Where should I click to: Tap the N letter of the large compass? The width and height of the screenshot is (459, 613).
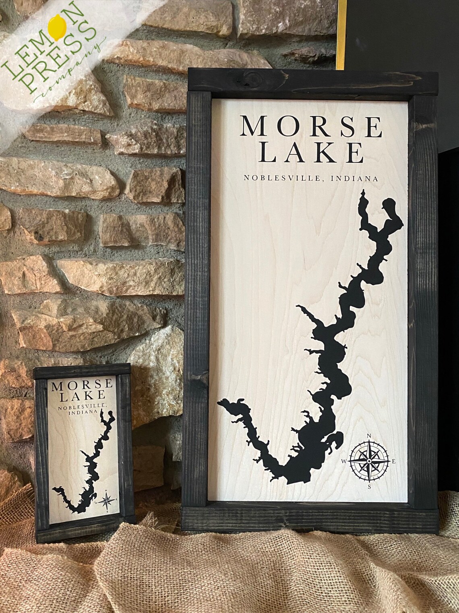369,435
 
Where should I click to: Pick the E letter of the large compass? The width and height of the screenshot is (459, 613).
394,461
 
